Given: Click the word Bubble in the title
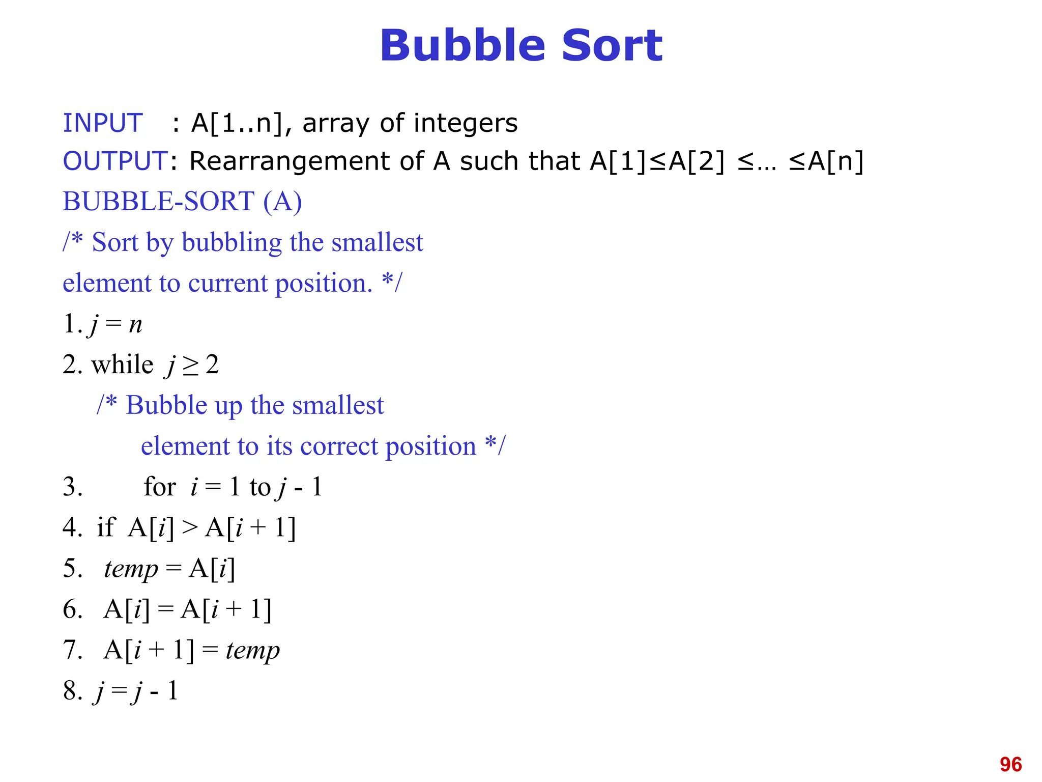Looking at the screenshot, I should [x=462, y=46].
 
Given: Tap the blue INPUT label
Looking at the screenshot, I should [x=102, y=123].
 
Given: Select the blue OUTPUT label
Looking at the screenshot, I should [x=115, y=161].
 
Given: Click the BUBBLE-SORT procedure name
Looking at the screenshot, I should [x=158, y=201].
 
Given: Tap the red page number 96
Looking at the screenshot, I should [x=1010, y=764].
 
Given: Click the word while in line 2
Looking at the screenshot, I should [x=122, y=365].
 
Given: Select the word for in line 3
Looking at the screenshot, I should [x=160, y=487].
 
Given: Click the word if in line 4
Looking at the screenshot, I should [x=106, y=527].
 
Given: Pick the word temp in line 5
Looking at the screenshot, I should [x=131, y=569].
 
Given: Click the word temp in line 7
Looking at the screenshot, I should [x=252, y=650].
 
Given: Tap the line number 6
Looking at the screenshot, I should [x=72, y=609].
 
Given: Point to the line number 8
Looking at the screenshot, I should [x=72, y=691].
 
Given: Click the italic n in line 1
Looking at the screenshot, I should [x=135, y=324].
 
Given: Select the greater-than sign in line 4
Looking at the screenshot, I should [x=189, y=527].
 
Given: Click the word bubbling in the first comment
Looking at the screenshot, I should [x=231, y=242].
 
